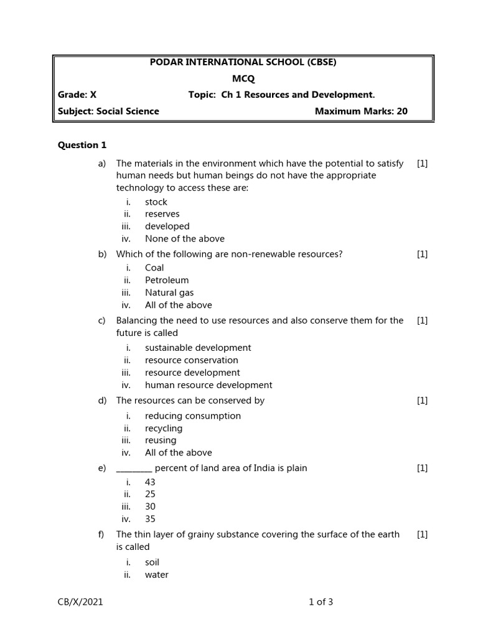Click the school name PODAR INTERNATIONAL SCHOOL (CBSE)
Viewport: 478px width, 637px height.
(243, 62)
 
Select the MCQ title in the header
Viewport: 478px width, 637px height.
(243, 78)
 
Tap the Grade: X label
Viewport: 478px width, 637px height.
(77, 95)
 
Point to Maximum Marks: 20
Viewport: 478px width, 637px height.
(361, 111)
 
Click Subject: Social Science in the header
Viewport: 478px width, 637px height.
(108, 111)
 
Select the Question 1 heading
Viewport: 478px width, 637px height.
(82, 145)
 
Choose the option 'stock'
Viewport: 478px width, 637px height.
(156, 202)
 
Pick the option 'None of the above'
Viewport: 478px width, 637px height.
(185, 239)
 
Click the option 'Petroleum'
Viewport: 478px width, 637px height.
(167, 281)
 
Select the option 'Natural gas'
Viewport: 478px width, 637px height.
(169, 293)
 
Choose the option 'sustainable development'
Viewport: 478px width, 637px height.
(198, 348)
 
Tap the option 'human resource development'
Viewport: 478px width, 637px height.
(209, 385)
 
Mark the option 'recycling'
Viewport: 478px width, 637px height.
(164, 429)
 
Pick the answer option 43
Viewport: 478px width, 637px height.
(150, 482)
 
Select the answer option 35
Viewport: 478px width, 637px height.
(150, 519)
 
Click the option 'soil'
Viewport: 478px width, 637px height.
(152, 562)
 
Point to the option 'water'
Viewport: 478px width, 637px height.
(157, 575)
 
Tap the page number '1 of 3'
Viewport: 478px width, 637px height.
(321, 602)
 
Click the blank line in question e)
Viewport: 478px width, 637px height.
(134, 469)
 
